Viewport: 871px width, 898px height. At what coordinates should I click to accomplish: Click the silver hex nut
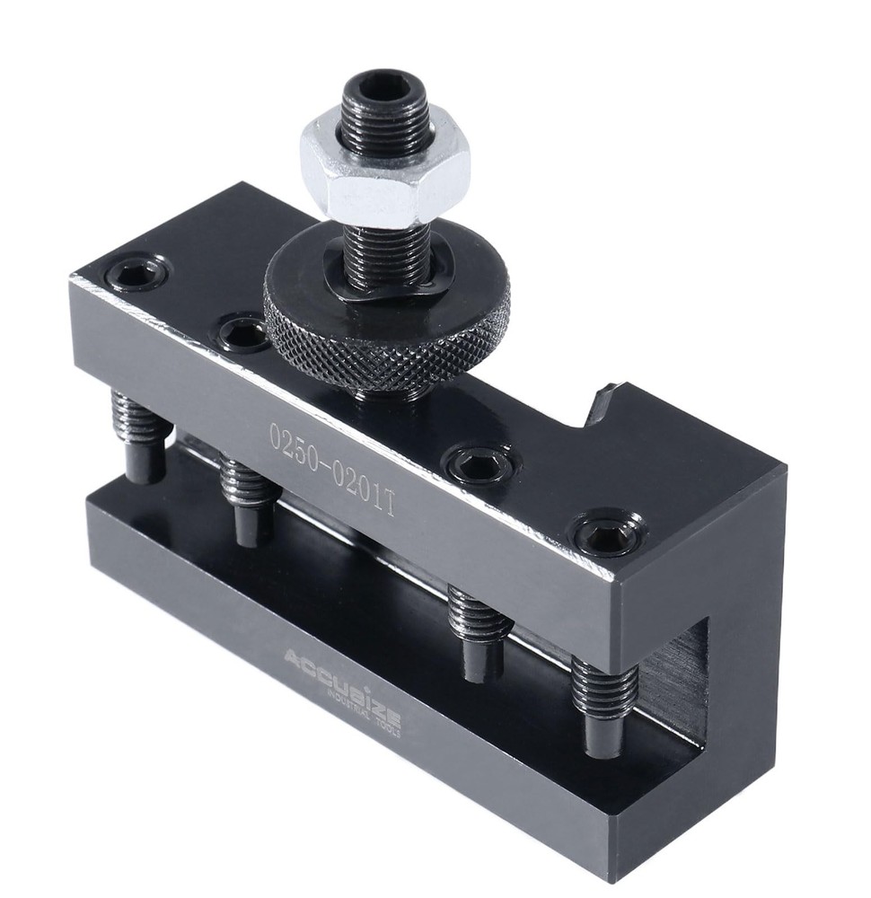[384, 175]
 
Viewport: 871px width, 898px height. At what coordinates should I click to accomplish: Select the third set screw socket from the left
[478, 464]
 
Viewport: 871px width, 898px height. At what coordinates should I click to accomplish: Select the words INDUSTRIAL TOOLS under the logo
[364, 706]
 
